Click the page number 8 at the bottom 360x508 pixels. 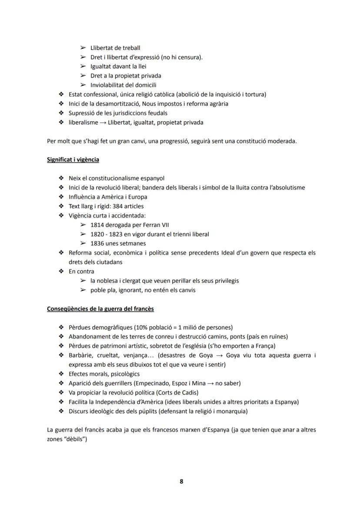click(181, 481)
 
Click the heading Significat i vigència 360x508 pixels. click(73, 159)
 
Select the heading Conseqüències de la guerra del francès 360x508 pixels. click(100, 309)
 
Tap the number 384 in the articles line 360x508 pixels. click(119, 206)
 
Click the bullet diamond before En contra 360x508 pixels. click(61, 272)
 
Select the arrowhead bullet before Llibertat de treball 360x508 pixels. click(83, 48)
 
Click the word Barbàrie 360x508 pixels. click(80, 355)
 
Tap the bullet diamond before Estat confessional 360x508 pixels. click(61, 94)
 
